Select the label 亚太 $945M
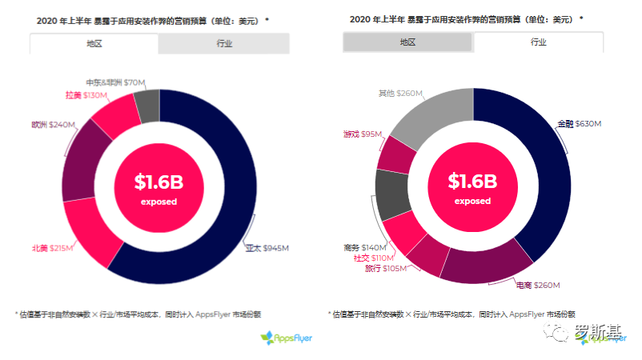tap(266, 248)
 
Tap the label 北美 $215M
tap(52, 248)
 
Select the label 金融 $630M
tap(579, 124)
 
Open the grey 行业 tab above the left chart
tap(223, 44)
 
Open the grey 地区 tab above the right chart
tap(407, 42)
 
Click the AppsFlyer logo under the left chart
tap(286, 338)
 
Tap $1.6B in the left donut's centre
tap(158, 182)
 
